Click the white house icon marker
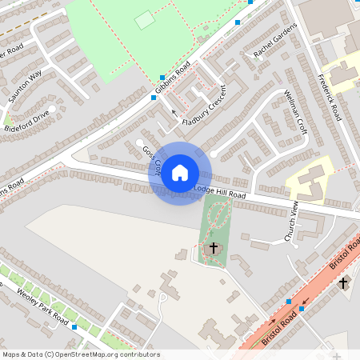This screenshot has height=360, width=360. tap(180, 172)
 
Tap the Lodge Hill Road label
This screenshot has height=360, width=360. tap(220, 192)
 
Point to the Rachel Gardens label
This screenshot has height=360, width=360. tap(274, 41)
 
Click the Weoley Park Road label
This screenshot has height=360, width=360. tap(42, 306)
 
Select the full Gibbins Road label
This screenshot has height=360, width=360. tap(173, 78)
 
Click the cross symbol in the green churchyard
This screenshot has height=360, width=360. tap(213, 248)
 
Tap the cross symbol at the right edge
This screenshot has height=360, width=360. tap(343, 282)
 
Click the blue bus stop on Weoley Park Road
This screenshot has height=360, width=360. tap(74, 327)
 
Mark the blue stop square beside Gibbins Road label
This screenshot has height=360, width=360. tap(154, 98)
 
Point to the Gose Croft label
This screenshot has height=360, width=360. tap(152, 161)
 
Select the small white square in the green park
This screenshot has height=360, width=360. tap(144, 20)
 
